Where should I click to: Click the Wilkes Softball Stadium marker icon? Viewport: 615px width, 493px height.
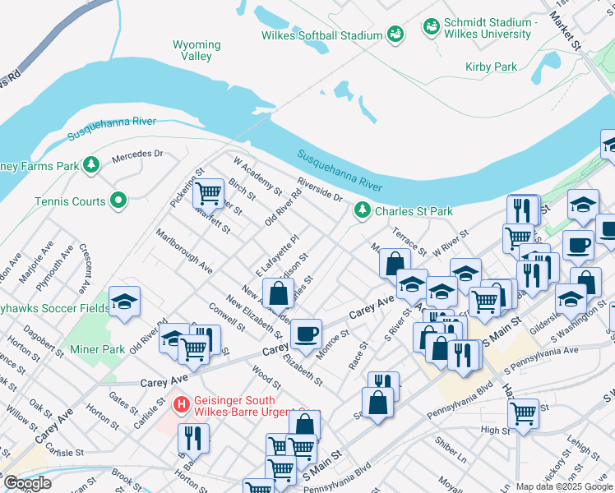click(x=395, y=35)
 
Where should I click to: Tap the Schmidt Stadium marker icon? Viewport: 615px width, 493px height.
click(x=430, y=28)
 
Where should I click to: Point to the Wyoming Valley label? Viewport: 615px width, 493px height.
click(x=197, y=50)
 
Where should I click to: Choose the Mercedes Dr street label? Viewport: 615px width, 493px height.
click(x=138, y=154)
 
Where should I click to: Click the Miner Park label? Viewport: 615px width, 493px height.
click(x=104, y=349)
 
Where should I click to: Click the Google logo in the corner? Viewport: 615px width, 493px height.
click(x=27, y=483)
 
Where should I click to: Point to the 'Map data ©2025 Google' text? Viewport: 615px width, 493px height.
click(x=563, y=486)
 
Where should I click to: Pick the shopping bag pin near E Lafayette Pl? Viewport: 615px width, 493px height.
click(x=279, y=293)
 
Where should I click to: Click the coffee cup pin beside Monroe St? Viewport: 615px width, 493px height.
click(x=306, y=334)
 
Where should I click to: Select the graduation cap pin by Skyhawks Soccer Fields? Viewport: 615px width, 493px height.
click(x=124, y=302)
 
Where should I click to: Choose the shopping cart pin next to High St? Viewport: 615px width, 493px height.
click(x=524, y=412)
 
